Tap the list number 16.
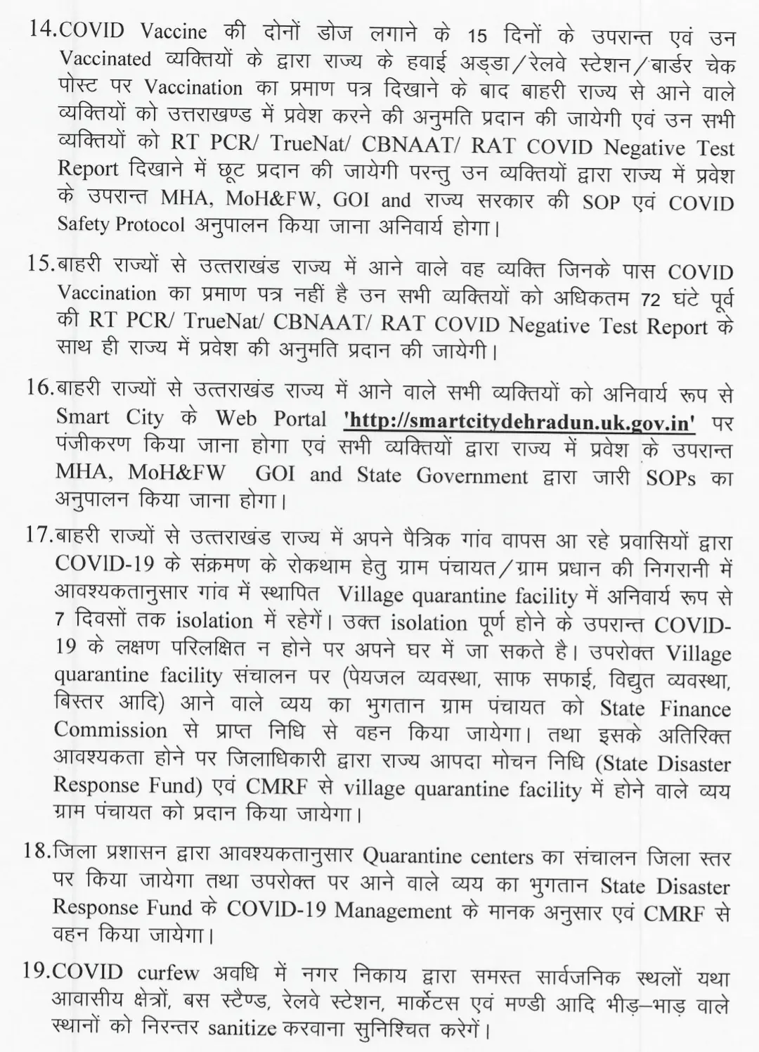(x=41, y=388)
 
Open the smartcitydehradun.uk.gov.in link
(x=520, y=421)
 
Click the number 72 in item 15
(x=653, y=299)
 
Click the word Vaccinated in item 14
(x=105, y=58)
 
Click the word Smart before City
(x=83, y=417)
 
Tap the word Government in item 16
(x=472, y=476)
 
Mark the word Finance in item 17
(x=695, y=709)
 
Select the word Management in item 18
(x=393, y=911)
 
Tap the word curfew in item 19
(x=167, y=974)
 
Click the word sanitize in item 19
(x=242, y=1028)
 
